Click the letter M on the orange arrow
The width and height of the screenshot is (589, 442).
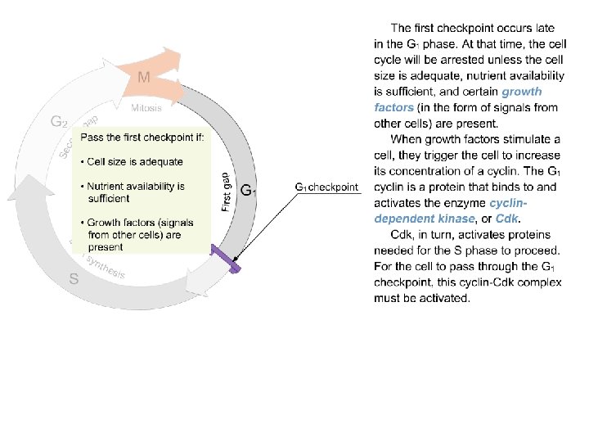[x=143, y=78]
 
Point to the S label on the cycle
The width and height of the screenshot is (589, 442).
[x=74, y=278]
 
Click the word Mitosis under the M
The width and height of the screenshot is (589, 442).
[x=147, y=107]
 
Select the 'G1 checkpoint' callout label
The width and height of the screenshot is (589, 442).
[x=326, y=187]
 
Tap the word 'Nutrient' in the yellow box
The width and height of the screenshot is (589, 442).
[x=107, y=186]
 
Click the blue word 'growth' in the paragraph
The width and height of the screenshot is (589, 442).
[x=522, y=92]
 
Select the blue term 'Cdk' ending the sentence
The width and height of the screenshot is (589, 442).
[x=507, y=219]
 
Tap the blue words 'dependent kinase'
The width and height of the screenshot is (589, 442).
[x=425, y=219]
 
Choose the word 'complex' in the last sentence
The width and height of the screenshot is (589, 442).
[x=539, y=282]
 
